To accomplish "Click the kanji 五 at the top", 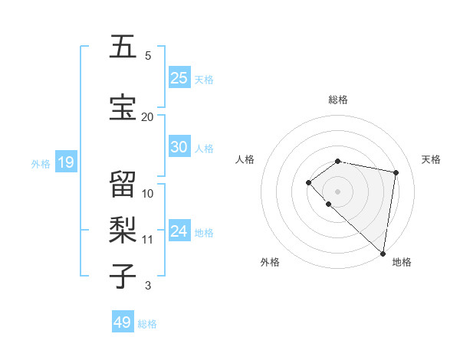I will (x=123, y=47).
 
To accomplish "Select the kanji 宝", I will (x=123, y=108).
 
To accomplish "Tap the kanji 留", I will (x=123, y=185).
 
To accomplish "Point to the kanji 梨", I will (x=123, y=230).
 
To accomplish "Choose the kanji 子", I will (x=123, y=277).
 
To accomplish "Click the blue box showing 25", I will (x=179, y=78).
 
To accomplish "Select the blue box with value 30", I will (x=179, y=147).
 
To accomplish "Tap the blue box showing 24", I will (x=179, y=232).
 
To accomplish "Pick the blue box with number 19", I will (x=65, y=162).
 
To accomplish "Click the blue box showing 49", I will (x=123, y=322).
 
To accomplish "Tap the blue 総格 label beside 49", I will (x=147, y=324).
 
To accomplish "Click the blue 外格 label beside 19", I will (x=40, y=163).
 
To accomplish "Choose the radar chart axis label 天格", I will (x=431, y=159).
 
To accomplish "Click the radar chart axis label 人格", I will (x=245, y=159).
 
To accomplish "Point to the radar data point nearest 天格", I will (x=396, y=172).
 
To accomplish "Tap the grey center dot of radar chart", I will (x=337, y=191).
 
